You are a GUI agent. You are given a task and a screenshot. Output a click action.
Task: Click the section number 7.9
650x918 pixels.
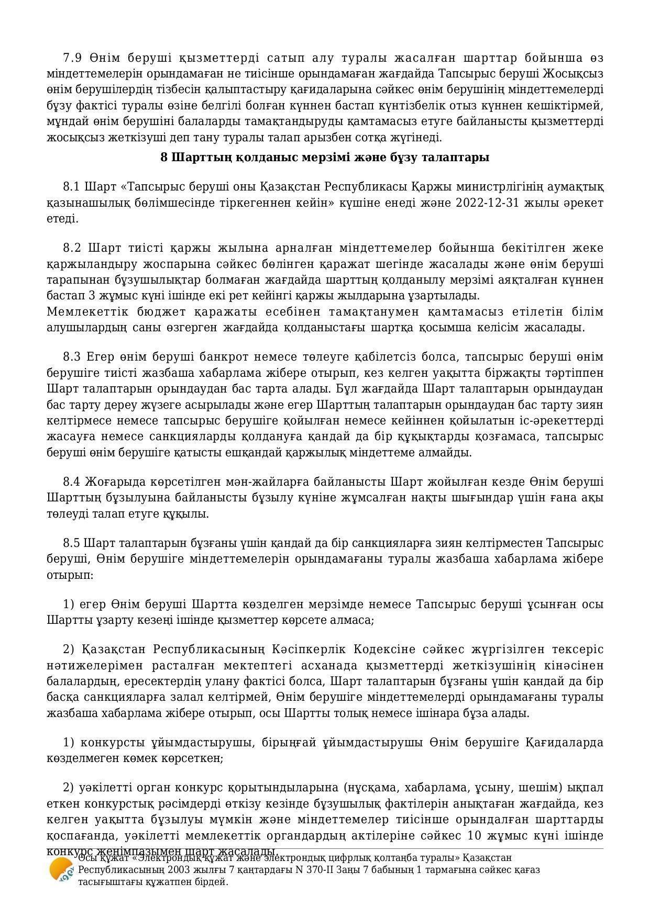coord(72,58)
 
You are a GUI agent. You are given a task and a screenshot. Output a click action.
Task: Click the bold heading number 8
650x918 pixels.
coord(164,158)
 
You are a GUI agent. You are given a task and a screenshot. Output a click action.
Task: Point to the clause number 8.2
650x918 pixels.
coord(72,248)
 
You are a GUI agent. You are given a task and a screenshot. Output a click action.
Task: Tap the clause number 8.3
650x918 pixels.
coord(72,357)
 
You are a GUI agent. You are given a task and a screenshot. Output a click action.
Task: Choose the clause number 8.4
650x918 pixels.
coord(72,482)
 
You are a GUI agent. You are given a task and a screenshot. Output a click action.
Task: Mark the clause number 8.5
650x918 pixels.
coord(72,543)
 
